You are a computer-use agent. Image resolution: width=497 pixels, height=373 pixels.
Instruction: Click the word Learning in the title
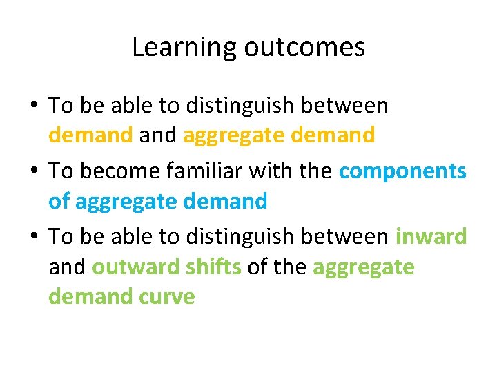(177, 48)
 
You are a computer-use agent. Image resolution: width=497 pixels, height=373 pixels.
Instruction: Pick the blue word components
(402, 171)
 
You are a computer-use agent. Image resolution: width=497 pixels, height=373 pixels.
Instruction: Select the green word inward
(431, 236)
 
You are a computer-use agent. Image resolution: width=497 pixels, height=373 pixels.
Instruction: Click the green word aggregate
(363, 267)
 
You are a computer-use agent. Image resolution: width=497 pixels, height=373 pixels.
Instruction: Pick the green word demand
(88, 297)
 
